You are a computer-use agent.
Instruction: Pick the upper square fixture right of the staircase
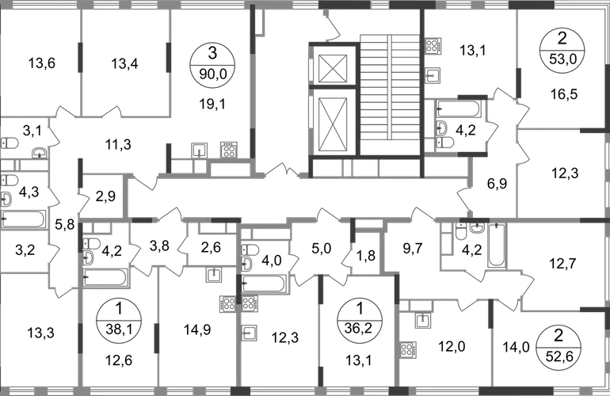tap(433, 45)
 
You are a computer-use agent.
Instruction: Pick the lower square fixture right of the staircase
tap(433, 76)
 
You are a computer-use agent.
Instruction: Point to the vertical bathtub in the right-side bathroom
tap(498, 246)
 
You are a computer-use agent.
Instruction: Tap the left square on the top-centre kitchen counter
tap(200, 148)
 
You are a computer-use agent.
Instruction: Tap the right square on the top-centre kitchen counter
tap(228, 148)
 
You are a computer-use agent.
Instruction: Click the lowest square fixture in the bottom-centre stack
tap(250, 333)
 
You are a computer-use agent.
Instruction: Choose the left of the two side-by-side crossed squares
tap(227, 303)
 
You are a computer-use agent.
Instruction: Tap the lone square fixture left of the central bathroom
tap(212, 276)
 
